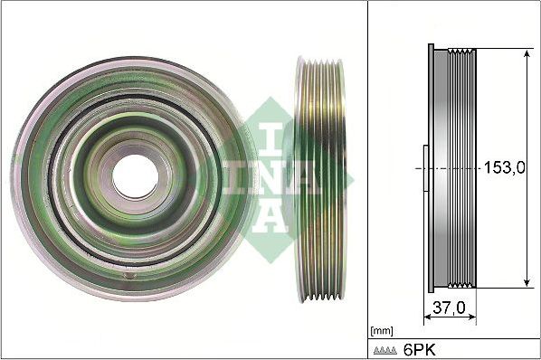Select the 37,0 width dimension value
tap(450, 308)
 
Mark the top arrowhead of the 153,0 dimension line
tap(527, 53)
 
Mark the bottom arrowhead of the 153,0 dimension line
tap(527, 284)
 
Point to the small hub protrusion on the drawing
tap(422, 168)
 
